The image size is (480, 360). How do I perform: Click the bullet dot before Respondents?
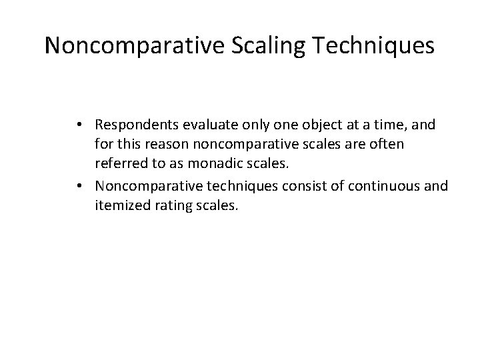(x=97, y=125)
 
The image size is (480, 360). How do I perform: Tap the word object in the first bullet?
(x=314, y=125)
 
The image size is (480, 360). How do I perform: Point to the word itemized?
(x=139, y=207)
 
